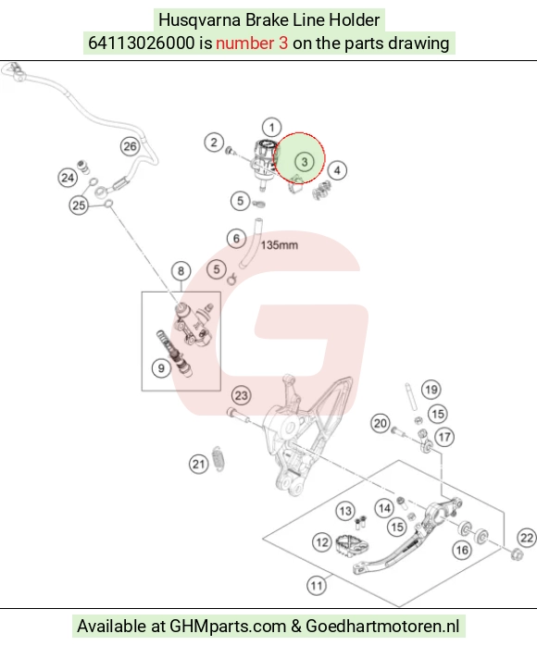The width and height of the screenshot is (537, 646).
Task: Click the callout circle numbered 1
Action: click(x=271, y=128)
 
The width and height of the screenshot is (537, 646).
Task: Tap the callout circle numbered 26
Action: click(x=131, y=146)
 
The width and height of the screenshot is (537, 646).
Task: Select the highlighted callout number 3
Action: click(x=305, y=161)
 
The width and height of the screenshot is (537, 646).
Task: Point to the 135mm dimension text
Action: click(x=279, y=245)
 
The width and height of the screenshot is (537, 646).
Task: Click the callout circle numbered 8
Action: click(x=181, y=271)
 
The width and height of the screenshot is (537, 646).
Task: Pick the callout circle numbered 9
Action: click(x=161, y=368)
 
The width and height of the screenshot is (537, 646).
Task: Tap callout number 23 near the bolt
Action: click(x=241, y=395)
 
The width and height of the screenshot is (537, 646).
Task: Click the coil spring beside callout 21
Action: click(x=218, y=458)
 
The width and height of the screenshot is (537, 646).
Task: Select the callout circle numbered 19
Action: click(x=431, y=390)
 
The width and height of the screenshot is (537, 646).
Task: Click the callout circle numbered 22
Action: click(x=527, y=538)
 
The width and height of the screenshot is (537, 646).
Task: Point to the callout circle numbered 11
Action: click(x=317, y=586)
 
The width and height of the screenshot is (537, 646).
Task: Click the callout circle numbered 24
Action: click(x=68, y=178)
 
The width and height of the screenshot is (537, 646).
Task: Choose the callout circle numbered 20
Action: click(x=380, y=424)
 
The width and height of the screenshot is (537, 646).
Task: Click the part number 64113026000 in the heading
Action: click(x=141, y=43)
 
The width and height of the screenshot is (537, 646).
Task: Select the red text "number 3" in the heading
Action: click(x=252, y=43)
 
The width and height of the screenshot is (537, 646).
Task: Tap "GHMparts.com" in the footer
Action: click(x=228, y=626)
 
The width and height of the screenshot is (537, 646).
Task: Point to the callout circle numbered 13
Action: click(x=345, y=511)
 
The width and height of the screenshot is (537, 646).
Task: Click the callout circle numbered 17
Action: click(x=444, y=437)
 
